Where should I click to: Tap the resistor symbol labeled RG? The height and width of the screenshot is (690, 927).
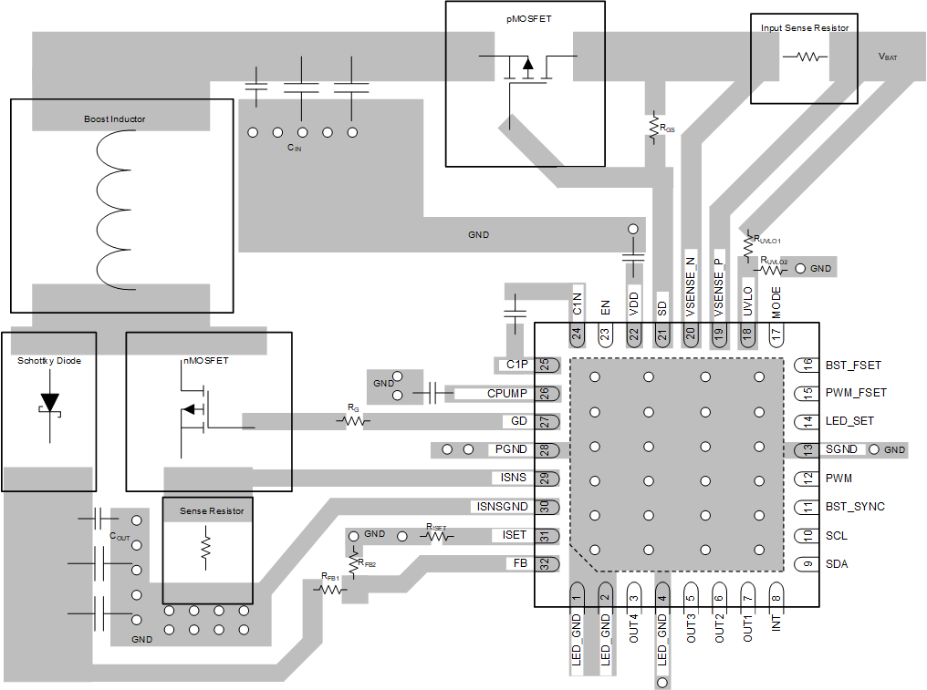352,421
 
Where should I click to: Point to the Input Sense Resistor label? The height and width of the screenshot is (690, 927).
805,28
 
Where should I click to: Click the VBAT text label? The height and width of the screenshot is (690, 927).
887,57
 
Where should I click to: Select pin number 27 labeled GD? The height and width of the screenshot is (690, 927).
545,422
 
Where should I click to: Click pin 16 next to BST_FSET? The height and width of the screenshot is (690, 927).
807,365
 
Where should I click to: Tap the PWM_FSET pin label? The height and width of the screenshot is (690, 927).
856,393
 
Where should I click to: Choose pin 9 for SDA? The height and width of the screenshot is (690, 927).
807,563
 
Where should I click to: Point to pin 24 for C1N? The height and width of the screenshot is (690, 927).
577,335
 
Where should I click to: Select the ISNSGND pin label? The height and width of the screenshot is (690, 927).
501,506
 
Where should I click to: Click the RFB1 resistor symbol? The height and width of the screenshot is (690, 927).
330,590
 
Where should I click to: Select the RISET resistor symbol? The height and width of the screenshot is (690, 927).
437,536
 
